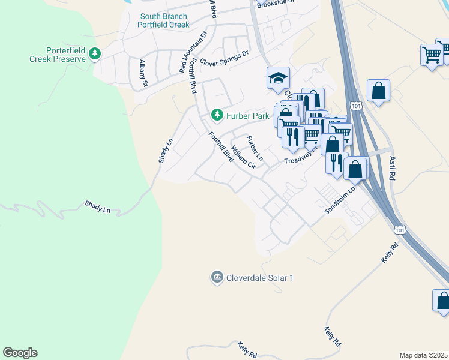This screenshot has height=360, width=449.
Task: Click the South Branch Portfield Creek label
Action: point(163,20)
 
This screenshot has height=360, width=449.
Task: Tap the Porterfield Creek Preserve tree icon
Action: point(94,55)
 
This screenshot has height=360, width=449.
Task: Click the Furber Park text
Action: point(246,114)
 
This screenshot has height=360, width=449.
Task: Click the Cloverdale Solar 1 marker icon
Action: point(216,277)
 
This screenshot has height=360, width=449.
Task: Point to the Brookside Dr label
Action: point(276,4)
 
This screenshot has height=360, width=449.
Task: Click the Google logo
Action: point(20,353)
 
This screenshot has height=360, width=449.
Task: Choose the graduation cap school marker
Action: point(278,77)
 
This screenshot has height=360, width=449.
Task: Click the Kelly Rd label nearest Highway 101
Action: point(390,254)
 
